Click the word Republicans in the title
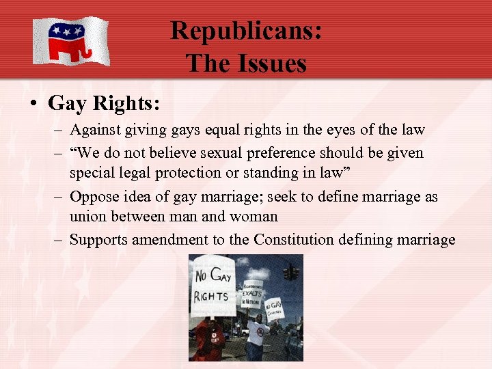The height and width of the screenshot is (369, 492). coord(246,31)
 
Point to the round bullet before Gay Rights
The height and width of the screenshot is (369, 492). coord(33,104)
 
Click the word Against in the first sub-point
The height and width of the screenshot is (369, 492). coord(94,129)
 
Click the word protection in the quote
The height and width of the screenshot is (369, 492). coord(189,173)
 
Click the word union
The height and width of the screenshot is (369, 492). coord(88,217)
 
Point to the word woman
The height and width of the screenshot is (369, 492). coord(254,217)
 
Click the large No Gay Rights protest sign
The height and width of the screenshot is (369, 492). coord(213,286)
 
